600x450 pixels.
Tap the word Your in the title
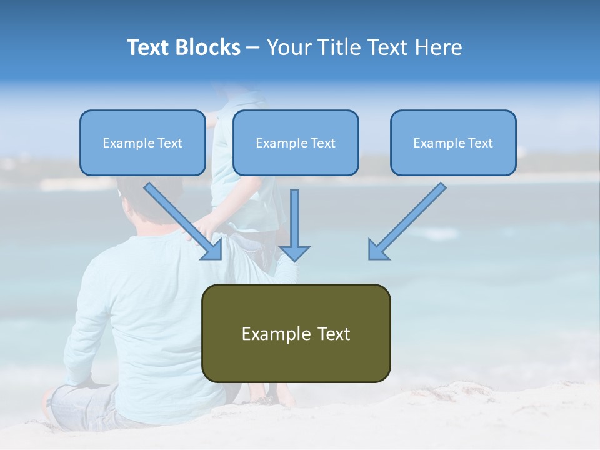(x=289, y=47)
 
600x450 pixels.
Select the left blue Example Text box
(x=142, y=142)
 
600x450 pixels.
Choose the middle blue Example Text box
(x=296, y=142)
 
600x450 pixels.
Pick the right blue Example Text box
(x=453, y=142)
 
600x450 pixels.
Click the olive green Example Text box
(x=296, y=333)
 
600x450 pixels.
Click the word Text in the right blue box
(x=480, y=143)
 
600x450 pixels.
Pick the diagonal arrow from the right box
(x=407, y=221)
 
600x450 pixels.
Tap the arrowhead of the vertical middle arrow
(x=294, y=253)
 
